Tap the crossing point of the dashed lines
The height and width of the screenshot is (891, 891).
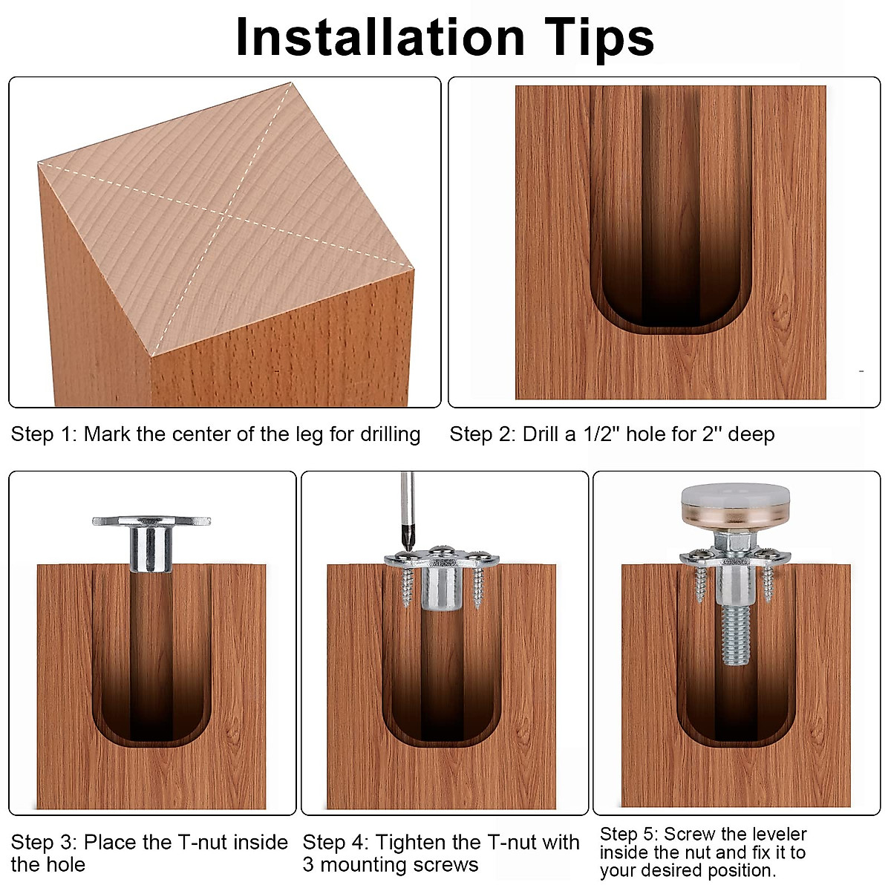pos(225,215)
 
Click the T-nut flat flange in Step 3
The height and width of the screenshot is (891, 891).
pos(151,521)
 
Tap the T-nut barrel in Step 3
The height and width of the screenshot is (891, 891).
pos(151,549)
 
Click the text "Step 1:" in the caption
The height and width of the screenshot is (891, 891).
pos(44,434)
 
